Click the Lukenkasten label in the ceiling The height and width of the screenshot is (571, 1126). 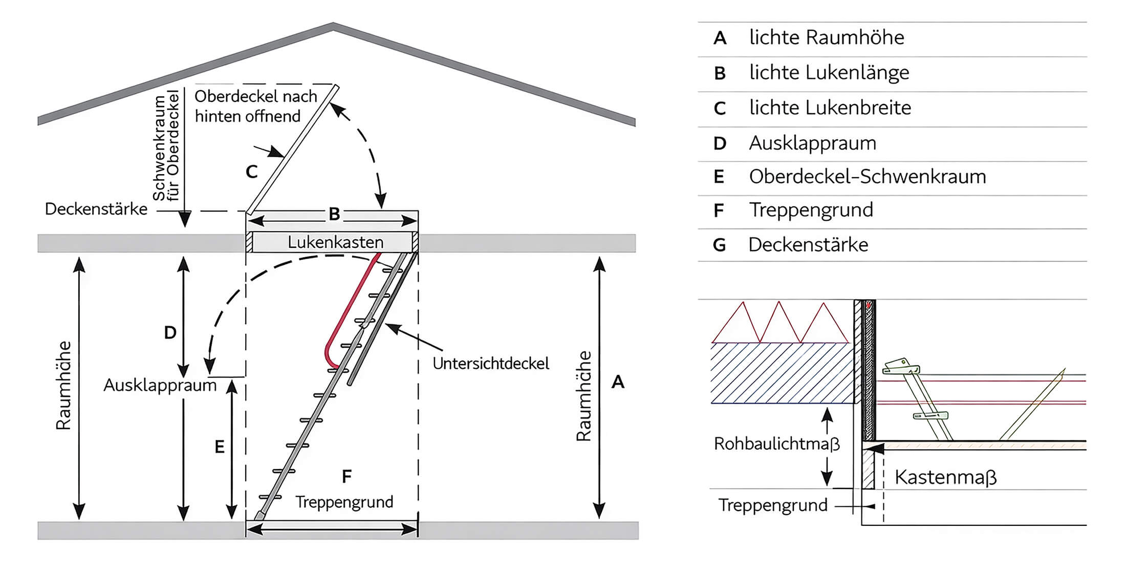(x=335, y=242)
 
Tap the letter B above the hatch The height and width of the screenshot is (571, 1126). (x=334, y=214)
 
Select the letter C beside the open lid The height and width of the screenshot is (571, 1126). (x=251, y=172)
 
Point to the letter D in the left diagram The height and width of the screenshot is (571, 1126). (x=170, y=333)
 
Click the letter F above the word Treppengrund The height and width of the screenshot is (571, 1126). (x=347, y=477)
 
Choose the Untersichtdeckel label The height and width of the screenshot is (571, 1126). (x=490, y=364)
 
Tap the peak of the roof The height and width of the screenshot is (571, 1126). (x=333, y=26)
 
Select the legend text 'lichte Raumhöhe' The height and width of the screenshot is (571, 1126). (x=826, y=38)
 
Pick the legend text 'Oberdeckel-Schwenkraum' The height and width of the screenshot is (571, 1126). (x=867, y=177)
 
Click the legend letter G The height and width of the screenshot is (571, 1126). (x=719, y=245)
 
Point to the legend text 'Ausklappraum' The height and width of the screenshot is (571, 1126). (x=812, y=143)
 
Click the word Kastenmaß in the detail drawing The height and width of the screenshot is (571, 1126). (x=945, y=477)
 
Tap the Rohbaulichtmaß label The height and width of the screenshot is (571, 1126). (x=776, y=443)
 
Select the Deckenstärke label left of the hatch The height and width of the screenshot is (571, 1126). (x=96, y=209)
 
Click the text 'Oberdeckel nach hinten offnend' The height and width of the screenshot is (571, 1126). (x=255, y=107)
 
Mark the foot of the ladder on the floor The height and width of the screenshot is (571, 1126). (x=259, y=516)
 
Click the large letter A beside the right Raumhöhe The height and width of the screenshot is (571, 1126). (x=618, y=382)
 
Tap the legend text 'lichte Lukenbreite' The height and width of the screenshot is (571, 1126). (x=830, y=108)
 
